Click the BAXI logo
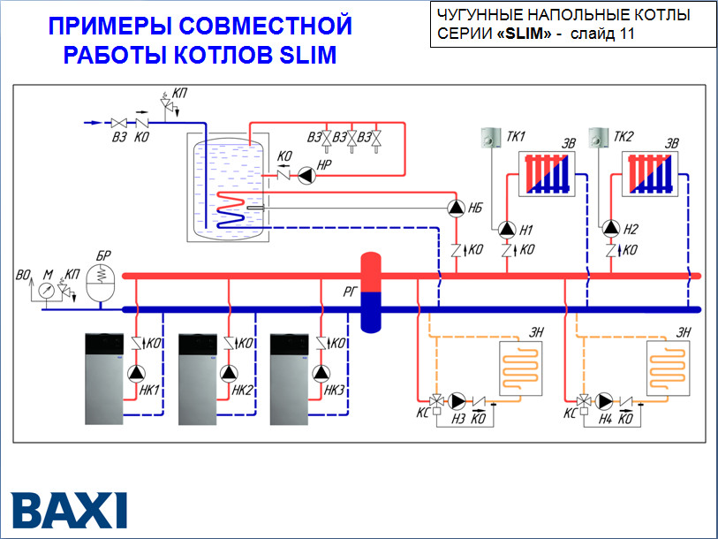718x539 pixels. click(x=69, y=510)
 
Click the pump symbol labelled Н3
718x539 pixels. click(x=456, y=399)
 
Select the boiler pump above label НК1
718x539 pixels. click(x=135, y=372)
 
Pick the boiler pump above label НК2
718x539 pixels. click(x=230, y=372)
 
